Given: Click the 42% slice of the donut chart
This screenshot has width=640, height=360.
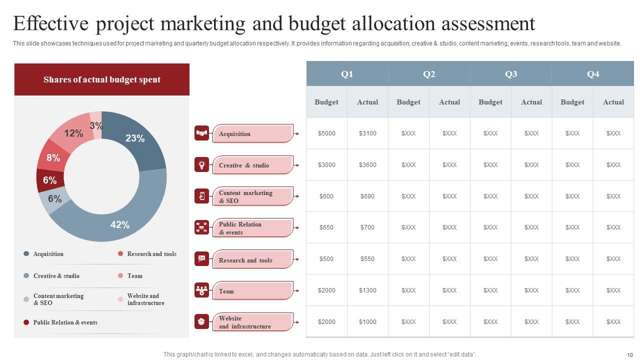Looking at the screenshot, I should (120, 224).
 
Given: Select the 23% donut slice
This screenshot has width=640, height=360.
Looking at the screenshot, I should (135, 138).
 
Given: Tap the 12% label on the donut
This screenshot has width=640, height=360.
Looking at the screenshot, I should (73, 133).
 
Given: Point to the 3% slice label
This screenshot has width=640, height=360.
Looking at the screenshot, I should (96, 125).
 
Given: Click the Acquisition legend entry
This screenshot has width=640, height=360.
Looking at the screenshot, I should (48, 254).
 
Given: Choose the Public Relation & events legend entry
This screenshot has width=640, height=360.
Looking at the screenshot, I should (65, 322).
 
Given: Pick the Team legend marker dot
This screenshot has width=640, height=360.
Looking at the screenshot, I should (120, 276).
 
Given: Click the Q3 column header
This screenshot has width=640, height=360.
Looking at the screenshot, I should (511, 74).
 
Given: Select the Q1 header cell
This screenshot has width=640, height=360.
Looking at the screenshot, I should (347, 74).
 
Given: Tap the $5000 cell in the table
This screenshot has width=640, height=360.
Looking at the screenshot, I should (326, 133).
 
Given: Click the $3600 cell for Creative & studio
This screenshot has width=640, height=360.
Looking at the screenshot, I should (367, 165).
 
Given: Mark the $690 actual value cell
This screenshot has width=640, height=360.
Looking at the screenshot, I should (367, 196).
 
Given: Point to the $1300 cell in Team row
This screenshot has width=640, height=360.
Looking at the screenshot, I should (367, 290).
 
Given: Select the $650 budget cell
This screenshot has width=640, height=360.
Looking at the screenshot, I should (326, 227).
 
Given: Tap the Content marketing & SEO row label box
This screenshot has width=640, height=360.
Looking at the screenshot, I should (252, 196).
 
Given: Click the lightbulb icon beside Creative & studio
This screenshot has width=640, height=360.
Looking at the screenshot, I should (201, 165).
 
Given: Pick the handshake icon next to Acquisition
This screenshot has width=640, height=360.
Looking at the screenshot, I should (201, 133).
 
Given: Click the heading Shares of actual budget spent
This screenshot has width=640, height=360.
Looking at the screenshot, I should (102, 79).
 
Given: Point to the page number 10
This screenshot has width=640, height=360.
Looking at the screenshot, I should (629, 354).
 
